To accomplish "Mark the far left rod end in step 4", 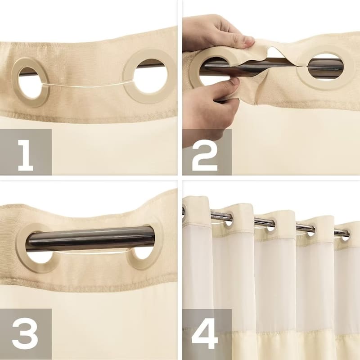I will (x=183, y=211).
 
